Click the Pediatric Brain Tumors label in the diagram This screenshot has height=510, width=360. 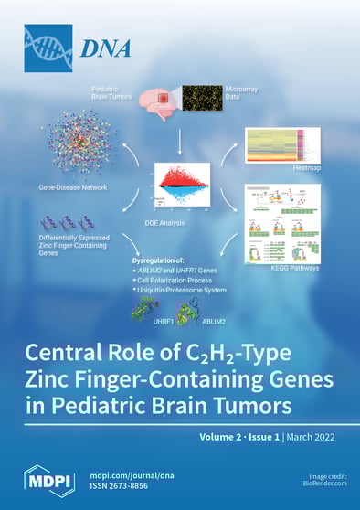[111, 95]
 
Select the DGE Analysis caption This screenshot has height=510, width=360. [179, 223]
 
